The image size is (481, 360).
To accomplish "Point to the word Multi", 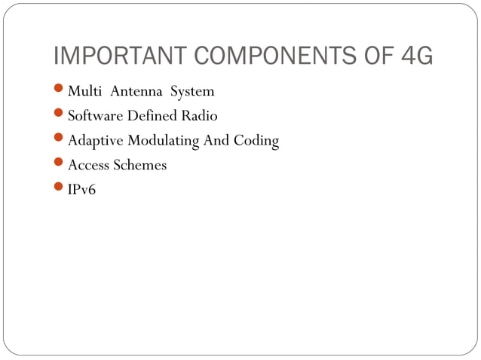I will pos(85,92).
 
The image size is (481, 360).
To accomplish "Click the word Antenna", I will pos(137,92).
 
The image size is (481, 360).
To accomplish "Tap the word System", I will pos(192,92).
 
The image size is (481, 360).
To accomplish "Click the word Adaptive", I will pos(95,142).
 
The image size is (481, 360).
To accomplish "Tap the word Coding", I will pos(256,142).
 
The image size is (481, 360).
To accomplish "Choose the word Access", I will pos(88,166).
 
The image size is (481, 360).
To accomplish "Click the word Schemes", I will pos(139,166).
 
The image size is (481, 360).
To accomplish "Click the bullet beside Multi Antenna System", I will pos(60,92).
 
